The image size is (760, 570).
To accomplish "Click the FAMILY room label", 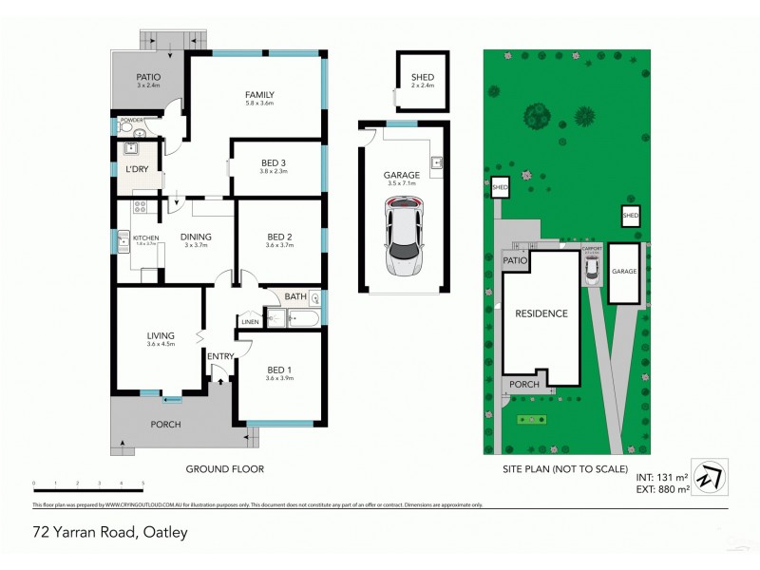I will pos(259,94).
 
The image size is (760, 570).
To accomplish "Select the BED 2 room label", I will pos(279,237).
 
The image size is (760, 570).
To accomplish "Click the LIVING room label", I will pos(161,334).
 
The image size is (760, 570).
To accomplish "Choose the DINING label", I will pos(197,237).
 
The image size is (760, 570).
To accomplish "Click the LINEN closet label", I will pos(250,322).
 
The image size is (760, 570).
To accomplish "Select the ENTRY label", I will pos(220,356).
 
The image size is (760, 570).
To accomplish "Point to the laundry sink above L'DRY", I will pos(131,148).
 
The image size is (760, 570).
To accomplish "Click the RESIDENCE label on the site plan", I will pos(541,313).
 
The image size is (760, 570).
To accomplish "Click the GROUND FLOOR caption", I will pos(224,468).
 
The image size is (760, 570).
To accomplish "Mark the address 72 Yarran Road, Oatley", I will pos(109,532).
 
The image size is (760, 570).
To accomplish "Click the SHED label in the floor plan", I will pos(422,78).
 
